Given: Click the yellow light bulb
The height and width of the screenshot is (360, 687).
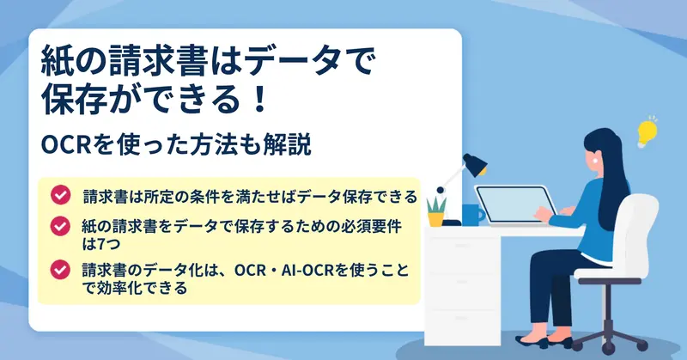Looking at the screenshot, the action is [x=647, y=132].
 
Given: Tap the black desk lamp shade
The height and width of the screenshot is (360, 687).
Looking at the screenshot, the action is [x=475, y=165].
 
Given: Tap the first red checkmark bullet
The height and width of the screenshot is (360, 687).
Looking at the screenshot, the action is [x=60, y=195].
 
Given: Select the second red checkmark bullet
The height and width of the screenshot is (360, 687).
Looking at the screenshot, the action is [x=60, y=226].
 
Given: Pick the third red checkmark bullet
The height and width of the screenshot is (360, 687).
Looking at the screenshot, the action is [x=60, y=269].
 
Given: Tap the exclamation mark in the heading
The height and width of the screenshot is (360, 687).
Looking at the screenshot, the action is [x=260, y=100].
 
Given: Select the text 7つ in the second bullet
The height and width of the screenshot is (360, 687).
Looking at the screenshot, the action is [x=108, y=244].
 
